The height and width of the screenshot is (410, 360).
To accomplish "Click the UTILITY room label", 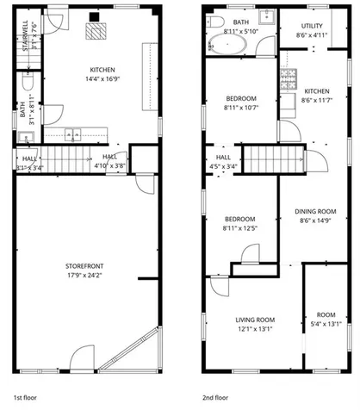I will (x=313, y=27).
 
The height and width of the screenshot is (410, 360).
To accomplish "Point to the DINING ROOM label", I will (x=314, y=211).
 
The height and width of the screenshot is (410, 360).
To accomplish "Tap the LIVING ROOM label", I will (x=253, y=320).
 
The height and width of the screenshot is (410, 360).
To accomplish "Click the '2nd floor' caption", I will (x=215, y=399).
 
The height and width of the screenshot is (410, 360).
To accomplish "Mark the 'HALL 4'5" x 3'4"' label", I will (x=223, y=161).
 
